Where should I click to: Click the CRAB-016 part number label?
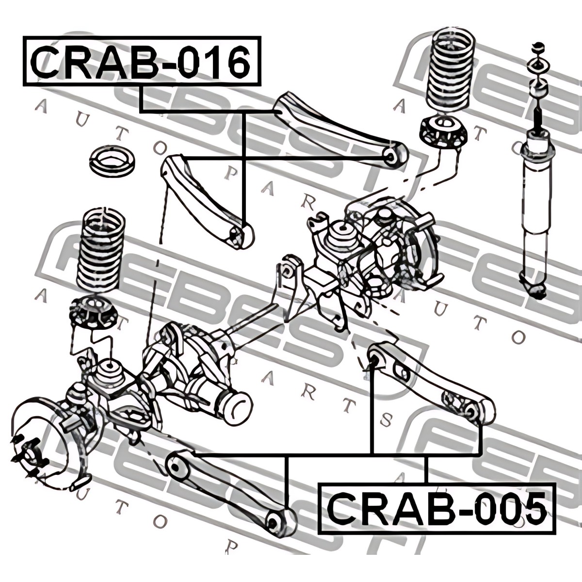[x=141, y=62]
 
